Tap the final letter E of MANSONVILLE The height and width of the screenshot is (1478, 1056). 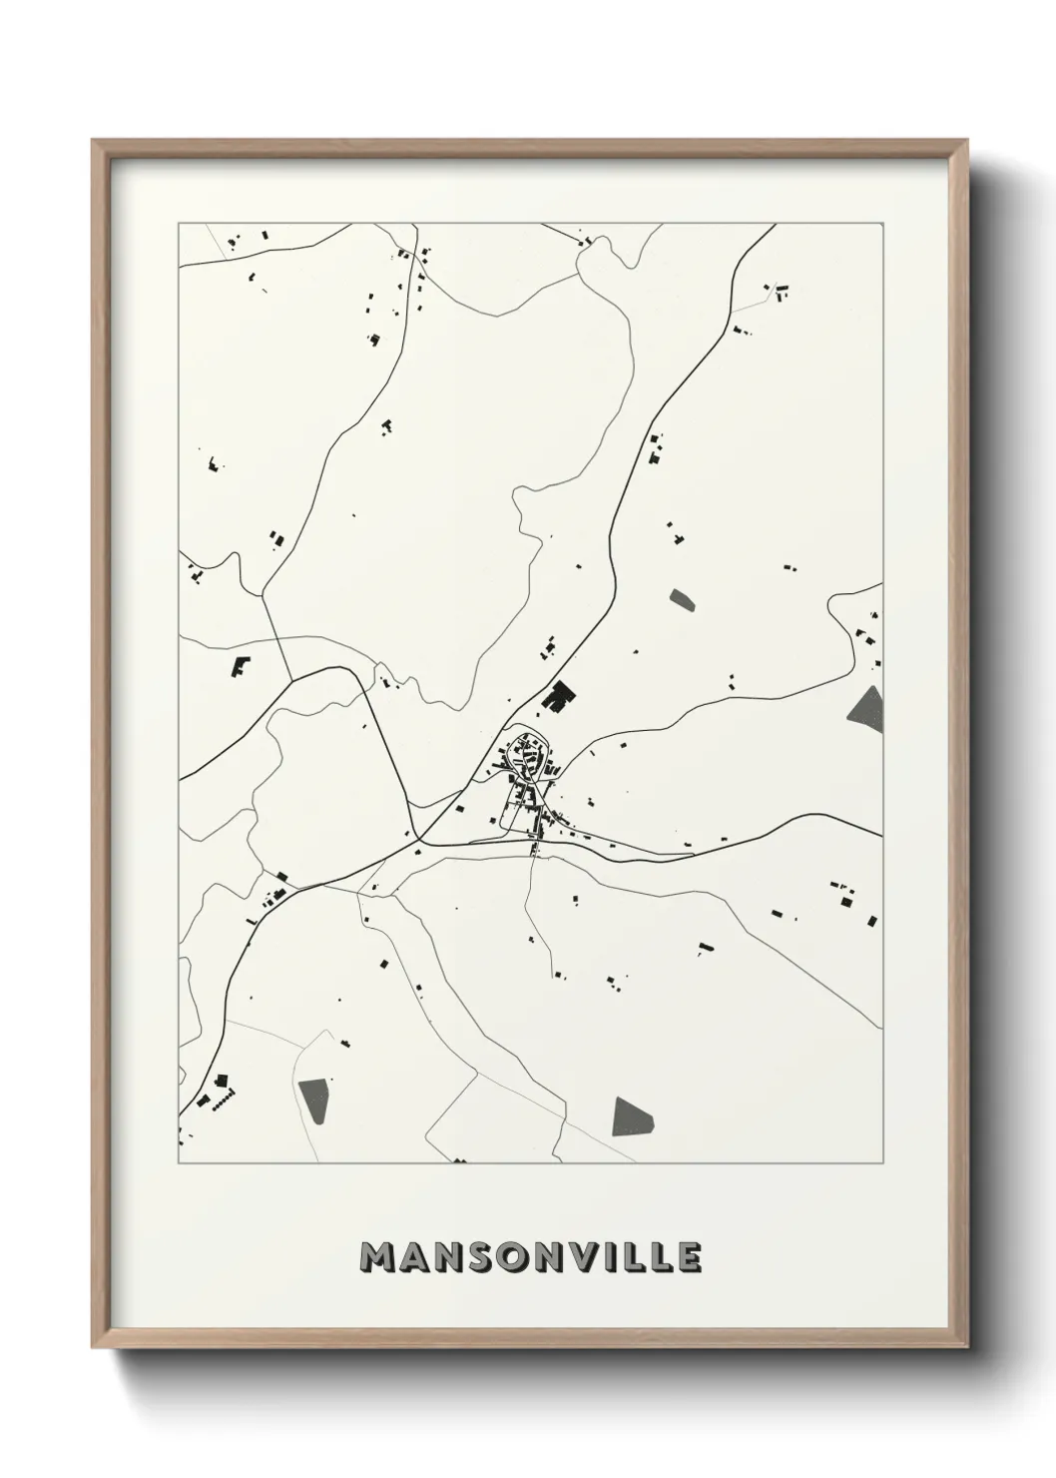(x=689, y=1259)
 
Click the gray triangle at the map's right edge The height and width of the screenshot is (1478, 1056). (x=867, y=706)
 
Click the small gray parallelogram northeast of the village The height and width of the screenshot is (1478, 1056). (x=683, y=599)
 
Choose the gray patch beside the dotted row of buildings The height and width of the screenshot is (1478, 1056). (x=312, y=1102)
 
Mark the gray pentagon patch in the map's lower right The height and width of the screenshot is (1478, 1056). (x=632, y=1116)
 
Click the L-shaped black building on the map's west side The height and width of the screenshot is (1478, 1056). (x=241, y=666)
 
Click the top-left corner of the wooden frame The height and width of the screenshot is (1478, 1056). (x=93, y=141)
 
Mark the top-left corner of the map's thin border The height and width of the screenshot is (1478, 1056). (x=179, y=224)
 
